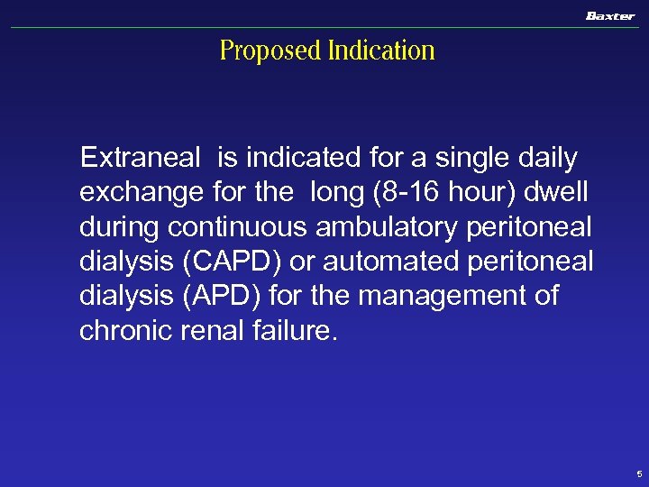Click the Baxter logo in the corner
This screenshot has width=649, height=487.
tap(609, 16)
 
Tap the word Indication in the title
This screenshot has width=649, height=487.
tap(381, 51)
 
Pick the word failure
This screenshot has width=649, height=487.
tap(292, 330)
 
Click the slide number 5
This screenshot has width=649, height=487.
tap(638, 473)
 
